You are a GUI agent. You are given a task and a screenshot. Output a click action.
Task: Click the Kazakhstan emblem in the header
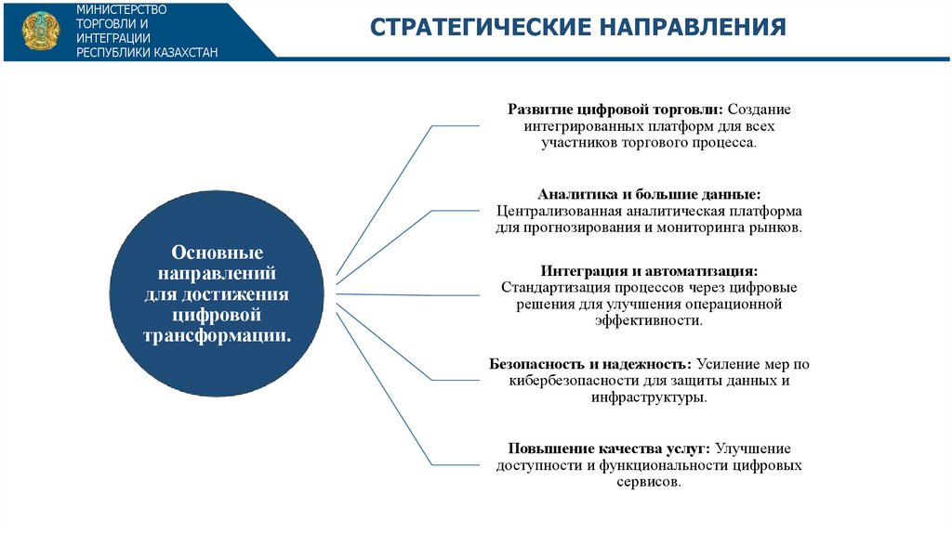(x=39, y=31)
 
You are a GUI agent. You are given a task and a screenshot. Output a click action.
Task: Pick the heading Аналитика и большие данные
(x=649, y=194)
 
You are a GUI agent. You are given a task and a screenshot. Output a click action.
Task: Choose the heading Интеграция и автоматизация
(x=649, y=271)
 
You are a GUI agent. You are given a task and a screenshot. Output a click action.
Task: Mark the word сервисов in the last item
(x=649, y=483)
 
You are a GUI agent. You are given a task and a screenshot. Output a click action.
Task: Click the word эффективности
(x=648, y=320)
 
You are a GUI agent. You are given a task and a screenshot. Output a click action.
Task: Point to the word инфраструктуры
(x=648, y=396)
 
